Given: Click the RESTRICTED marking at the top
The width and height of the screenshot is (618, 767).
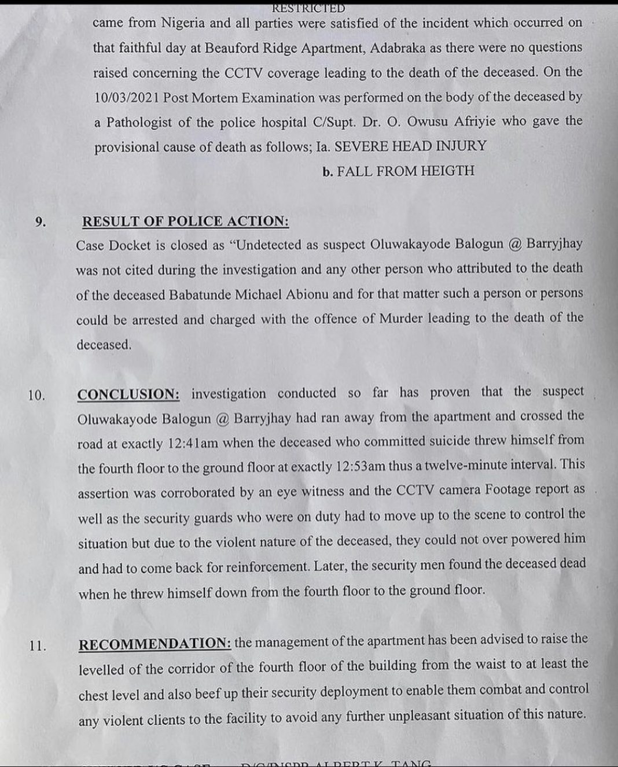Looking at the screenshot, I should coord(308,8).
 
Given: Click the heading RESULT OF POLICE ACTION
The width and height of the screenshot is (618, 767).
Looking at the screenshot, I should coord(185,222).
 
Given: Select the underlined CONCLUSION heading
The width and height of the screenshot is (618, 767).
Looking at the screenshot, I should coord(128,394).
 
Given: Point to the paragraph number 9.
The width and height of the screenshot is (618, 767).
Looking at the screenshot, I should coord(40,222).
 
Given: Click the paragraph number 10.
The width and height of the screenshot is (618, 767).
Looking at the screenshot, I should coord(36,396).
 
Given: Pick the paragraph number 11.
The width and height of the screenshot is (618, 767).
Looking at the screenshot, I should coord(38,646).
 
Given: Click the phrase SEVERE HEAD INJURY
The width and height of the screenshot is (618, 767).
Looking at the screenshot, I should coord(410,146).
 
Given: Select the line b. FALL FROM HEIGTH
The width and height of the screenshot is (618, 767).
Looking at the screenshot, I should coord(398,171).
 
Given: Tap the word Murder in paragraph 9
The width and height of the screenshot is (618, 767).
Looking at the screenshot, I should coord(401,319).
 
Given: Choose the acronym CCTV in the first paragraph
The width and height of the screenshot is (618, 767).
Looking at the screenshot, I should coord(219,73).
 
